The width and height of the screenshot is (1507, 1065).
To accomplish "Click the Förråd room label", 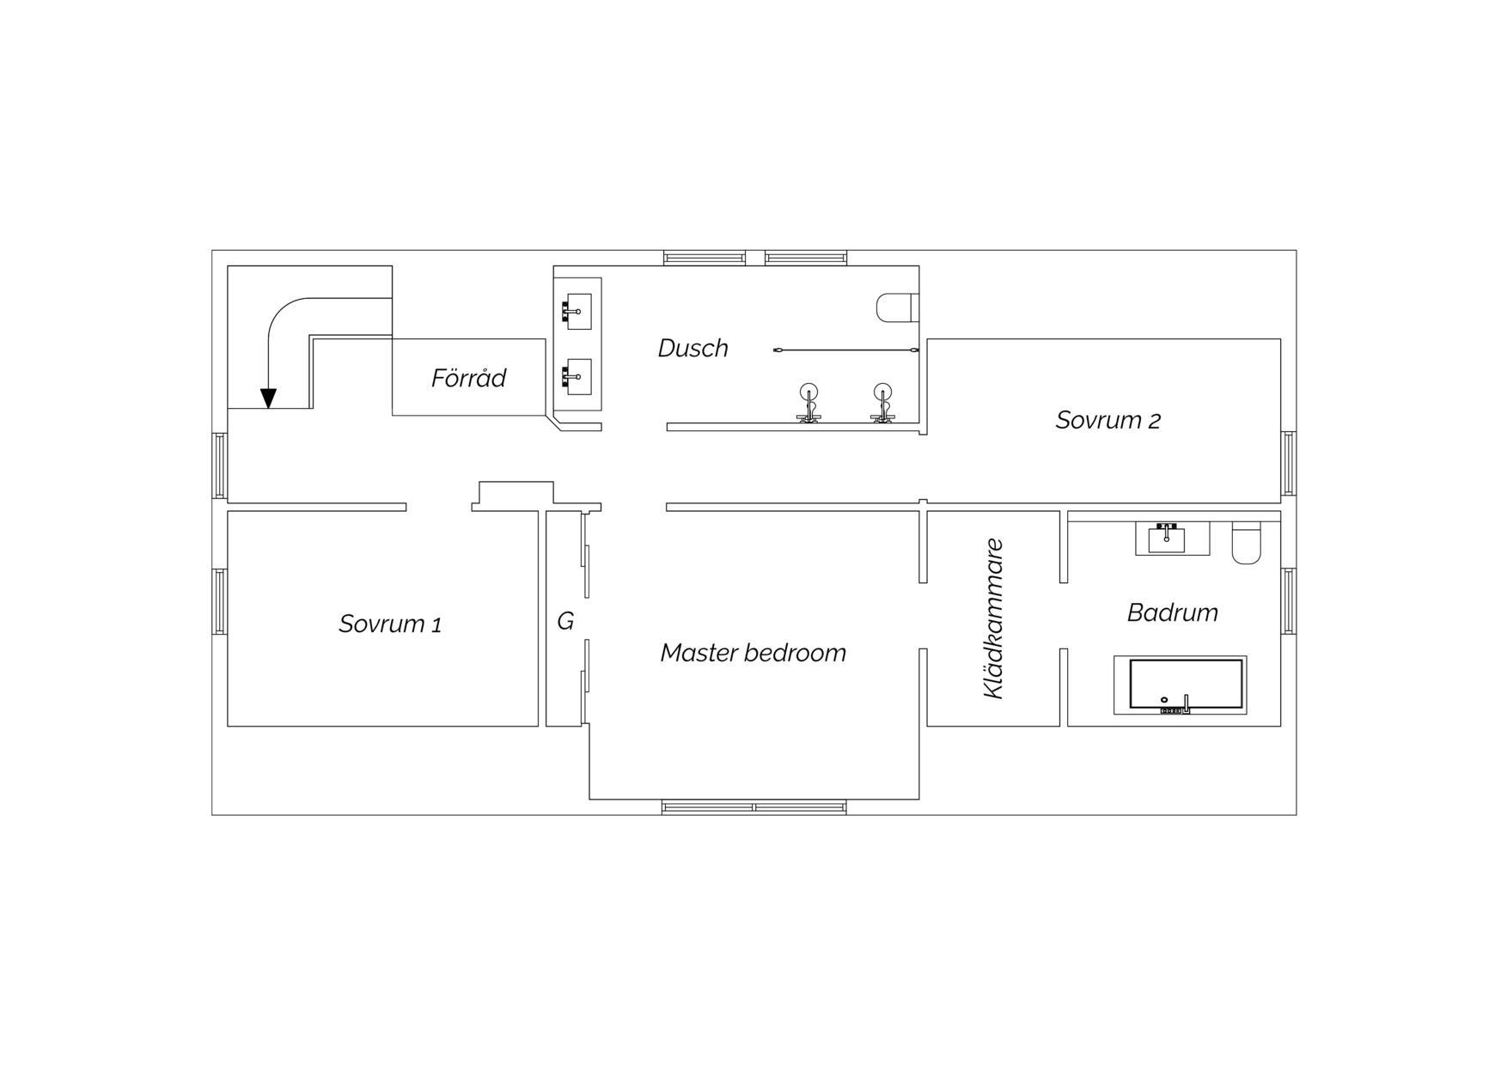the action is coord(468,378).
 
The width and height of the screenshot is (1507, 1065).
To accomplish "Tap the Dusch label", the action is coord(692,348).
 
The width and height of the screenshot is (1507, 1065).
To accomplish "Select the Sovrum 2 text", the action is coord(1107,420).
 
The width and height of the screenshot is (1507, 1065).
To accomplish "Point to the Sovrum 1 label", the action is coord(390,624).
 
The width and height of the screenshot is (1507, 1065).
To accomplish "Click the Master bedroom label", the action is coord(753,653).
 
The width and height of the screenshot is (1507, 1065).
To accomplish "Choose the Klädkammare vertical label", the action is coord(993,618).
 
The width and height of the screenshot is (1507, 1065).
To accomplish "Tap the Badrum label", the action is coord(1172,612).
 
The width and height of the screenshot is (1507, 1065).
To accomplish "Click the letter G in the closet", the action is coord(565,621).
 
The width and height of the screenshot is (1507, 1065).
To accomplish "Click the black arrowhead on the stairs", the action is coord(268,399).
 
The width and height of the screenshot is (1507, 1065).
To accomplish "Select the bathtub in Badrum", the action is coord(1181,685).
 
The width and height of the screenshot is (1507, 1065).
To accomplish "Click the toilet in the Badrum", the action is coord(1246,543).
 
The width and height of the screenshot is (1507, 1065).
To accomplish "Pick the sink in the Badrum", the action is coord(1167,538).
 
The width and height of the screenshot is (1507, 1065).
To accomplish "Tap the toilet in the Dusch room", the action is coord(897,307).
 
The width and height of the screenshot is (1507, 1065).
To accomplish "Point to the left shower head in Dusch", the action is coord(808,403).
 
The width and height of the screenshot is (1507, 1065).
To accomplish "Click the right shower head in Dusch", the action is coord(882,403).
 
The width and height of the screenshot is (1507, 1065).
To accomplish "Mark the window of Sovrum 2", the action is coord(1289,464).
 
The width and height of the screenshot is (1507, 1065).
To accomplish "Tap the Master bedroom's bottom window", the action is coord(753,807).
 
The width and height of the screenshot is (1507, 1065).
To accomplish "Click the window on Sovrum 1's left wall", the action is coord(220,601).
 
